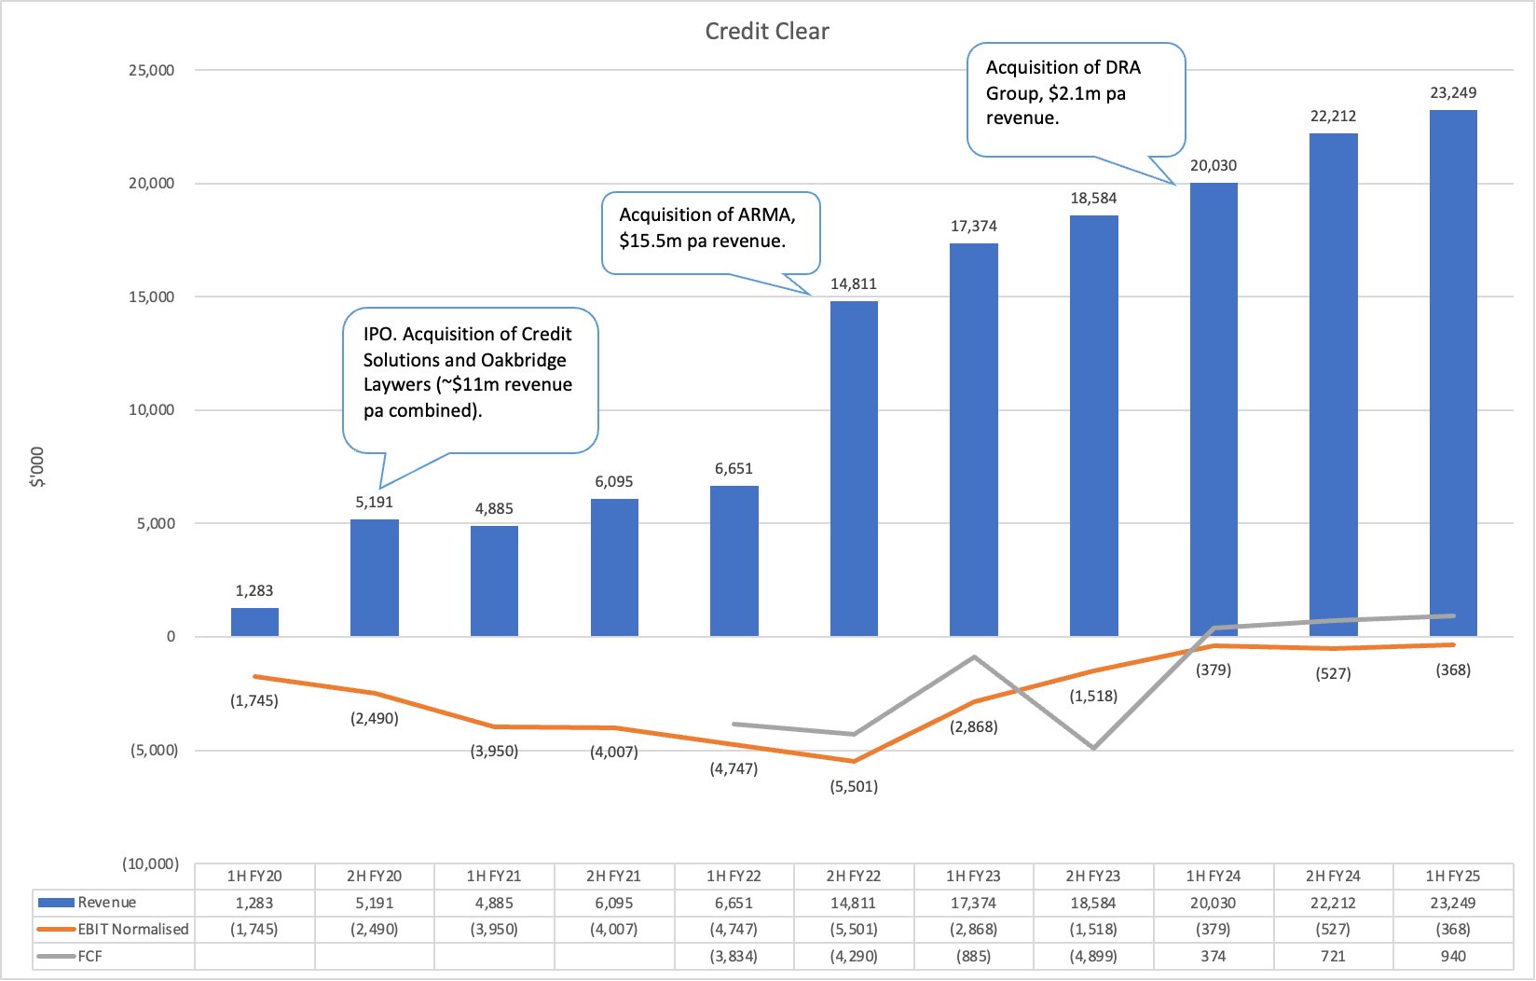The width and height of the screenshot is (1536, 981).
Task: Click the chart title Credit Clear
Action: [x=766, y=32]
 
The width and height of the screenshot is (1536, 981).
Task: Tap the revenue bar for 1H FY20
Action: [x=254, y=622]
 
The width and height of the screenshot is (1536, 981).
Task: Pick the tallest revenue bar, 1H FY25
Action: [x=1453, y=373]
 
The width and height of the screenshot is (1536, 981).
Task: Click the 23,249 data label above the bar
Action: [x=1453, y=93]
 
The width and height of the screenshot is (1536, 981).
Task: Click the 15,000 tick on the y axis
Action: [x=151, y=297]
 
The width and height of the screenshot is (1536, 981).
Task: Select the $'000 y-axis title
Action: [x=37, y=466]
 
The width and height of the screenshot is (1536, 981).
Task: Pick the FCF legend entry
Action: [x=89, y=956]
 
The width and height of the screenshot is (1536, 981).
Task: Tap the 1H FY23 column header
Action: [x=973, y=877]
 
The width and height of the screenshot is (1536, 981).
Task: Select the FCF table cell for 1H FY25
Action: [x=1453, y=956]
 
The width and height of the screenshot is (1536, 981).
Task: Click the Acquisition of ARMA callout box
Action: [x=710, y=229]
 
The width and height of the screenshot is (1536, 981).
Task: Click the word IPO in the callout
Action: [x=378, y=335]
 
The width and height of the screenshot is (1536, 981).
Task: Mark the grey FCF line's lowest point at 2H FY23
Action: [x=1093, y=748]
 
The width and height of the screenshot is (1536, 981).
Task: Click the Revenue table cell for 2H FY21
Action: [x=614, y=903]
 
